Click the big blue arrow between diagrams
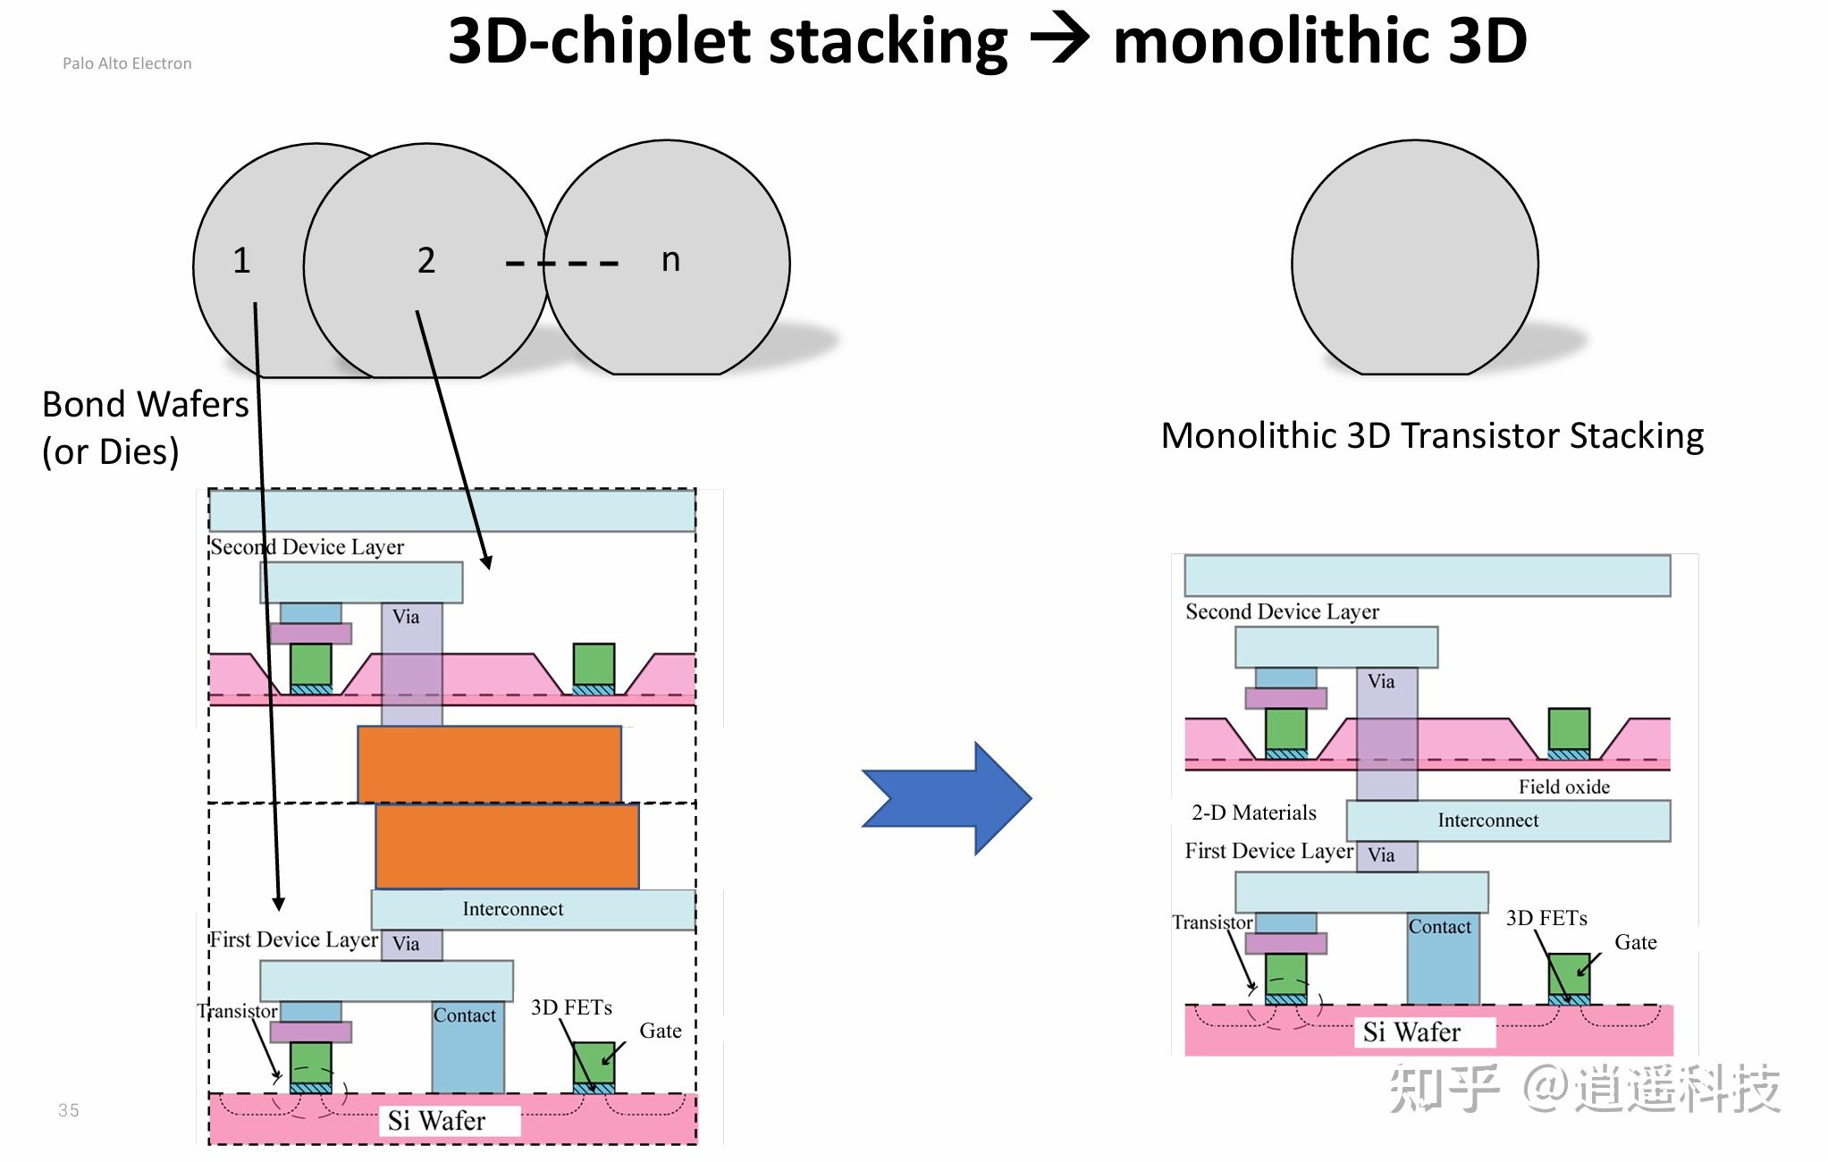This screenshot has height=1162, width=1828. [947, 798]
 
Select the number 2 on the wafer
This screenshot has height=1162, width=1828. [426, 260]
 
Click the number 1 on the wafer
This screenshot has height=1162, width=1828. [241, 260]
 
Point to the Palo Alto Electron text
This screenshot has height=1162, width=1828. [127, 63]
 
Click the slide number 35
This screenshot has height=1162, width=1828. [69, 1110]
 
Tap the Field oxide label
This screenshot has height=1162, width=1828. [1563, 787]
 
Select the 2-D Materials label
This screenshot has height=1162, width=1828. [1253, 813]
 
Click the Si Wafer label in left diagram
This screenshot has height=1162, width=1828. [436, 1121]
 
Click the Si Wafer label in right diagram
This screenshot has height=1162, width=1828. [1411, 1032]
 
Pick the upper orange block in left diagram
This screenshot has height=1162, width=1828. [489, 764]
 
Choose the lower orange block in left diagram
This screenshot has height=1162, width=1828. [507, 846]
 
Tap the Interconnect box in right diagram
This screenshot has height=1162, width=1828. [1508, 821]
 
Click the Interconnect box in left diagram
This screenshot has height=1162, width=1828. [533, 910]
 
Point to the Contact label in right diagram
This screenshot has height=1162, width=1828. [1439, 927]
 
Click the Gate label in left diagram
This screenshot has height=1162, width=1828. [661, 1031]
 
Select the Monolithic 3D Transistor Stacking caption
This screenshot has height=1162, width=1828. [1432, 436]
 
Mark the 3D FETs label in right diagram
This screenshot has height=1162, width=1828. [1546, 918]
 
